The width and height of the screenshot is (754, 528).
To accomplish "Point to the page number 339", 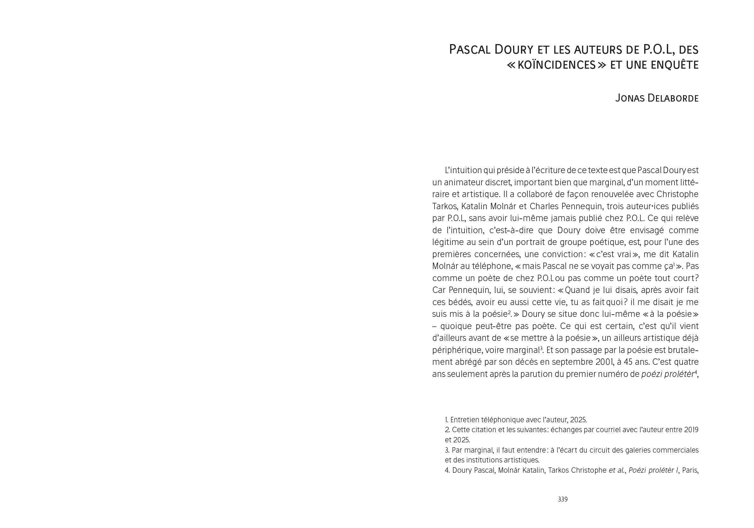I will point(562,499).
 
